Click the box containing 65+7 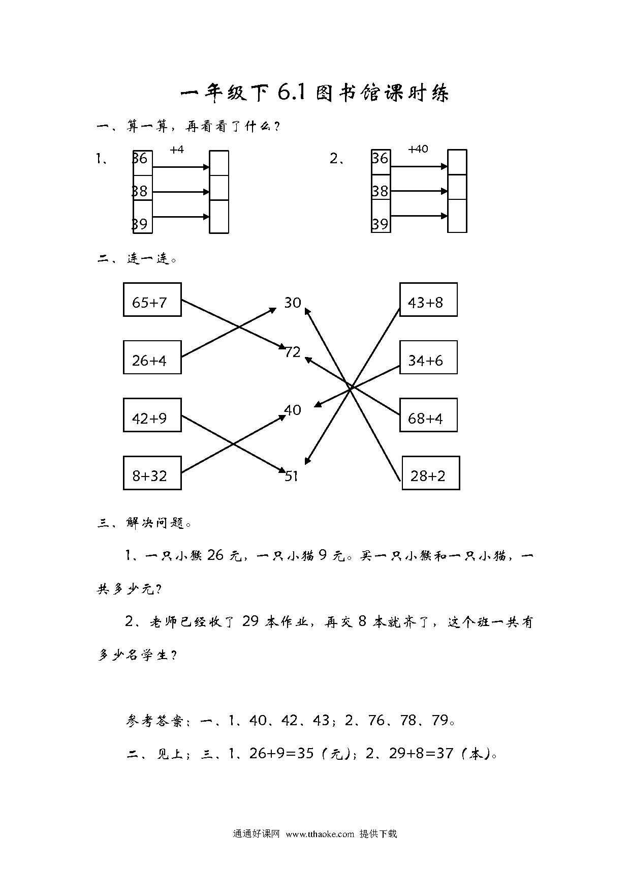tap(152, 300)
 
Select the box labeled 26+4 tap(152, 358)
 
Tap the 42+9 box tap(152, 415)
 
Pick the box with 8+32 tap(152, 473)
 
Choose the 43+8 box tap(428, 300)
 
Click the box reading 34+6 tap(428, 358)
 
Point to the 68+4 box tap(428, 415)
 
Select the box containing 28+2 tap(431, 473)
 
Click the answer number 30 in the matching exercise tap(293, 303)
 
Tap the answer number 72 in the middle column tap(293, 351)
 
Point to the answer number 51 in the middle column tap(291, 476)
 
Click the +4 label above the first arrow tap(177, 150)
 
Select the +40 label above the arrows tap(418, 149)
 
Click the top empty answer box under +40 tap(457, 162)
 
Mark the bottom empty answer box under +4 tap(219, 217)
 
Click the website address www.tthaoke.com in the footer tap(320, 834)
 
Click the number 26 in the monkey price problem tap(215, 555)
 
